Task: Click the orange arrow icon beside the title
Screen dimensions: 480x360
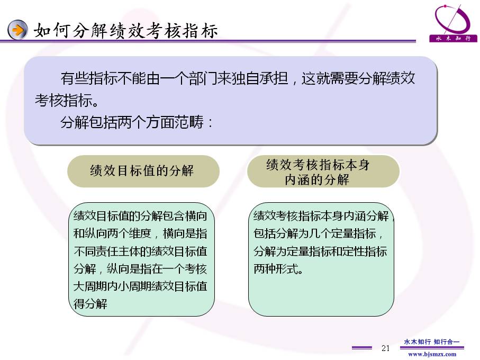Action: tap(17, 30)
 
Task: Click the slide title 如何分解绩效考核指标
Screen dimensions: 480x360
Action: tap(126, 31)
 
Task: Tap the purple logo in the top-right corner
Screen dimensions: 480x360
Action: tap(453, 23)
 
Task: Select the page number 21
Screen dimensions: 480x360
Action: tap(385, 348)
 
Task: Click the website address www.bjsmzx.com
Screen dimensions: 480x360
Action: tap(432, 354)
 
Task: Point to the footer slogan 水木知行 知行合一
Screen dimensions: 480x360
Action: tap(432, 341)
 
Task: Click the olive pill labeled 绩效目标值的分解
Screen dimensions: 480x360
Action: tap(143, 171)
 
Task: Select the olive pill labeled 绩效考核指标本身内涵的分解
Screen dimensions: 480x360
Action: tap(323, 171)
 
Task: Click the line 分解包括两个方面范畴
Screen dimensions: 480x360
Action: tap(136, 122)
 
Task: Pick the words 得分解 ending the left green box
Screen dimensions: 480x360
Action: tap(90, 304)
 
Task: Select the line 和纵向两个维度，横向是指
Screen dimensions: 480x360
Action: tap(140, 233)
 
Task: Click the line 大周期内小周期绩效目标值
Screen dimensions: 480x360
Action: tap(140, 286)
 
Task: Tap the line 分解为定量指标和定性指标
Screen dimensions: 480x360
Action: tap(320, 251)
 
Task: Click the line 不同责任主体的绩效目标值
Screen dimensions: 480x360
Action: tap(140, 251)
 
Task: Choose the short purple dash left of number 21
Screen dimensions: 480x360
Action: tap(362, 348)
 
